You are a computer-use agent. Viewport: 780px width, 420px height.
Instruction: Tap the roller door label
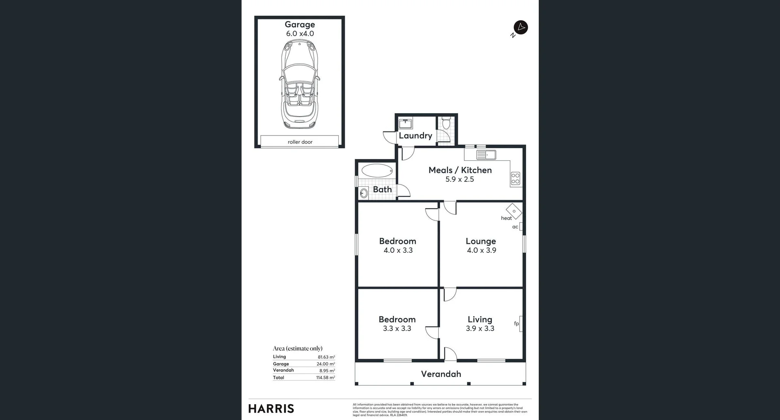300,142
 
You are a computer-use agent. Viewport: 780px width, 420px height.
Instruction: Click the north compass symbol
520,28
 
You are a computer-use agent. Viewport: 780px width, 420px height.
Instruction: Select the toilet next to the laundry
446,123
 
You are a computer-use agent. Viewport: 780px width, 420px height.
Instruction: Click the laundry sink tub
405,123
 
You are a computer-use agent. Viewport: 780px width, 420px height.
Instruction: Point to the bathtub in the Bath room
377,171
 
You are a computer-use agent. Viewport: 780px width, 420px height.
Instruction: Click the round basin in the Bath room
364,193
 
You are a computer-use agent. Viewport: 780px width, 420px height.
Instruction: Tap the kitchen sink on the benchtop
486,155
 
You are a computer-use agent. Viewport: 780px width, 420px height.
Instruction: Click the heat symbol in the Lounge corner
514,211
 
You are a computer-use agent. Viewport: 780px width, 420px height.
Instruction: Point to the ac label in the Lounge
515,227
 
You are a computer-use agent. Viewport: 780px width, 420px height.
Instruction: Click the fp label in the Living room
516,323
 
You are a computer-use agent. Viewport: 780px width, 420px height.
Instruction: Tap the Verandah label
441,374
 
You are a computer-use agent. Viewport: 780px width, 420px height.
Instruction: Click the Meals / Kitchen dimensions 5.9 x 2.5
459,179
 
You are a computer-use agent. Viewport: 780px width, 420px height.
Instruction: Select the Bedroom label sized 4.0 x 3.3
397,241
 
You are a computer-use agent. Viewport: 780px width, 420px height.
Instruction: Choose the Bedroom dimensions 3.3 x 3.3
397,329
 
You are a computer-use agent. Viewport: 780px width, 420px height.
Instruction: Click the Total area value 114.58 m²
325,378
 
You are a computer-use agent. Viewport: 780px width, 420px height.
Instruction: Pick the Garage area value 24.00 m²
325,364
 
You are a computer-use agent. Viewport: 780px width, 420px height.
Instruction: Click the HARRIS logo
271,409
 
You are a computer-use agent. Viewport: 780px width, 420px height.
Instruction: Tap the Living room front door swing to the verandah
450,354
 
